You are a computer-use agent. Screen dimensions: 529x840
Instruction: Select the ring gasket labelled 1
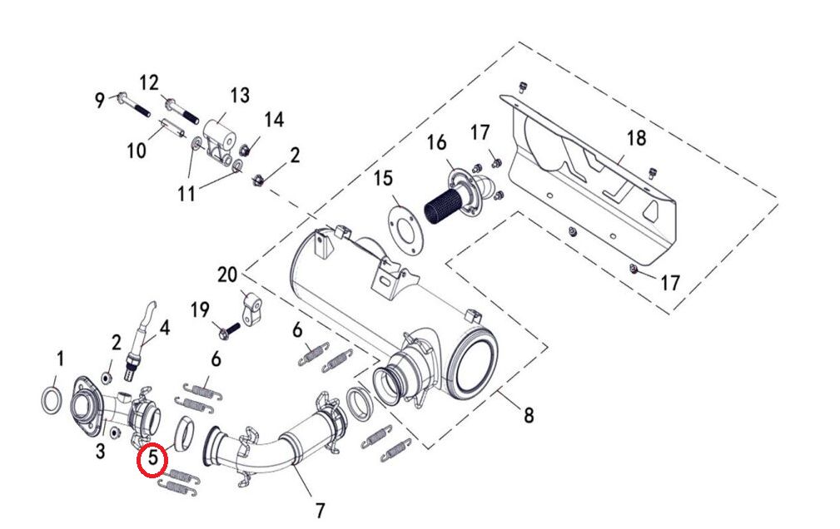tap(50, 398)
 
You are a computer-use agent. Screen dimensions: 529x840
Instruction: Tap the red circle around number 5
tap(152, 458)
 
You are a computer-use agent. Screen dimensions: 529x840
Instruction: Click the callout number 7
tap(321, 509)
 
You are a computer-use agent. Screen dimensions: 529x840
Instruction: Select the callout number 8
tap(528, 413)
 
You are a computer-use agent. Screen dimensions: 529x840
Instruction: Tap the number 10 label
tap(137, 150)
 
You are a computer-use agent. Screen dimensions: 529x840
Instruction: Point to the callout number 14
tap(274, 120)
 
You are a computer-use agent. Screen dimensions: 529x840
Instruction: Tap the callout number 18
tap(636, 138)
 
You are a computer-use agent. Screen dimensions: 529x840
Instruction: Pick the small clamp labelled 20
tap(253, 309)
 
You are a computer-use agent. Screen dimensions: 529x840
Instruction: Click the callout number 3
tap(101, 451)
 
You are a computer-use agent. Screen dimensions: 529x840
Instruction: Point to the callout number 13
tap(240, 96)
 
